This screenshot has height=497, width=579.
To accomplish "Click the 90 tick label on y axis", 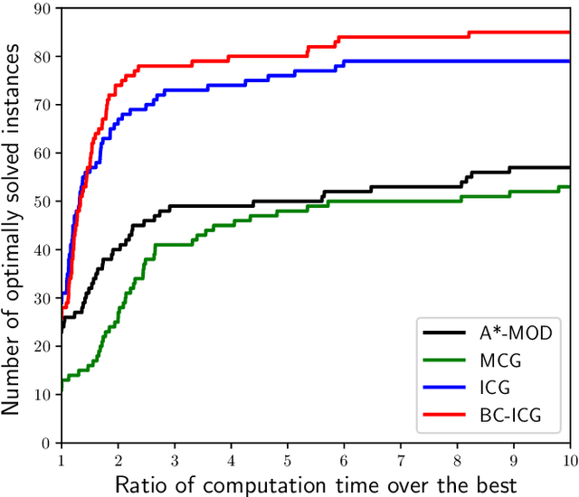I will point(42,8).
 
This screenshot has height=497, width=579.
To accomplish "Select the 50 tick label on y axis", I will point(42,202).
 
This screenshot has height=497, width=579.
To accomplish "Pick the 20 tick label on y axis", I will point(42,347).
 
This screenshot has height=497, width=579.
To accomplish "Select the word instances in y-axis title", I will point(13,82).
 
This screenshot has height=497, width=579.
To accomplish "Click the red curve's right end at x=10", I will point(569,33).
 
